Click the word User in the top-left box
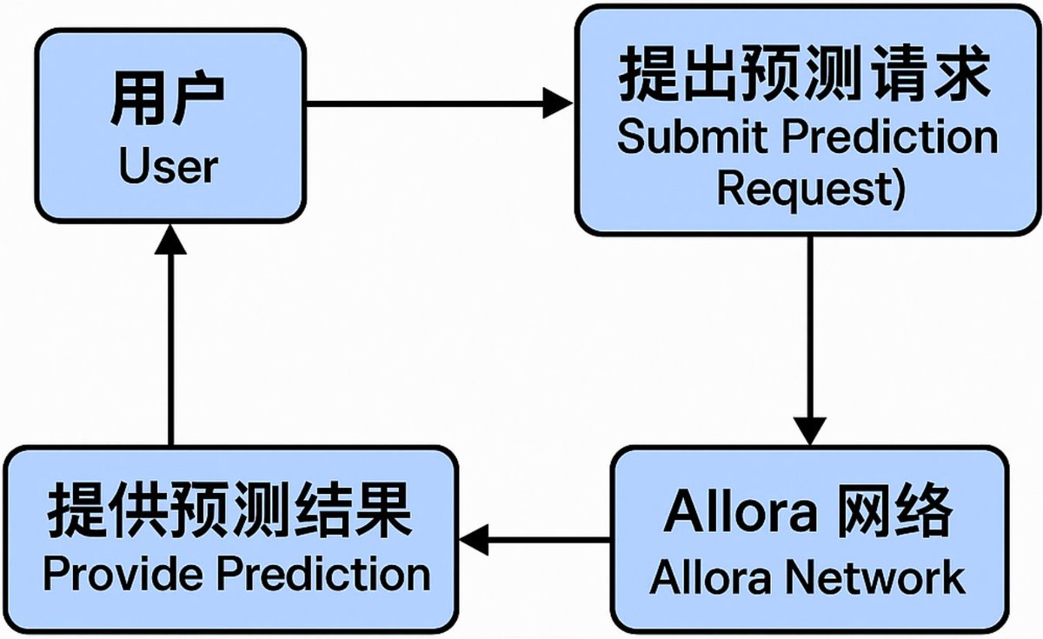(x=169, y=166)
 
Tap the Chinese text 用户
(x=168, y=98)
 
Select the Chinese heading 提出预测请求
(x=804, y=75)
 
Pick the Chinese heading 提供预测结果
(x=229, y=510)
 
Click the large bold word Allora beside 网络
(x=741, y=511)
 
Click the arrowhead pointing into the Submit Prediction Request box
(x=558, y=103)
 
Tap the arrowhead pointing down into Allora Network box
(x=810, y=431)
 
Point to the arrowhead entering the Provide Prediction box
(x=474, y=540)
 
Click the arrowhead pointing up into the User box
(x=170, y=240)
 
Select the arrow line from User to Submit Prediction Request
(x=439, y=103)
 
